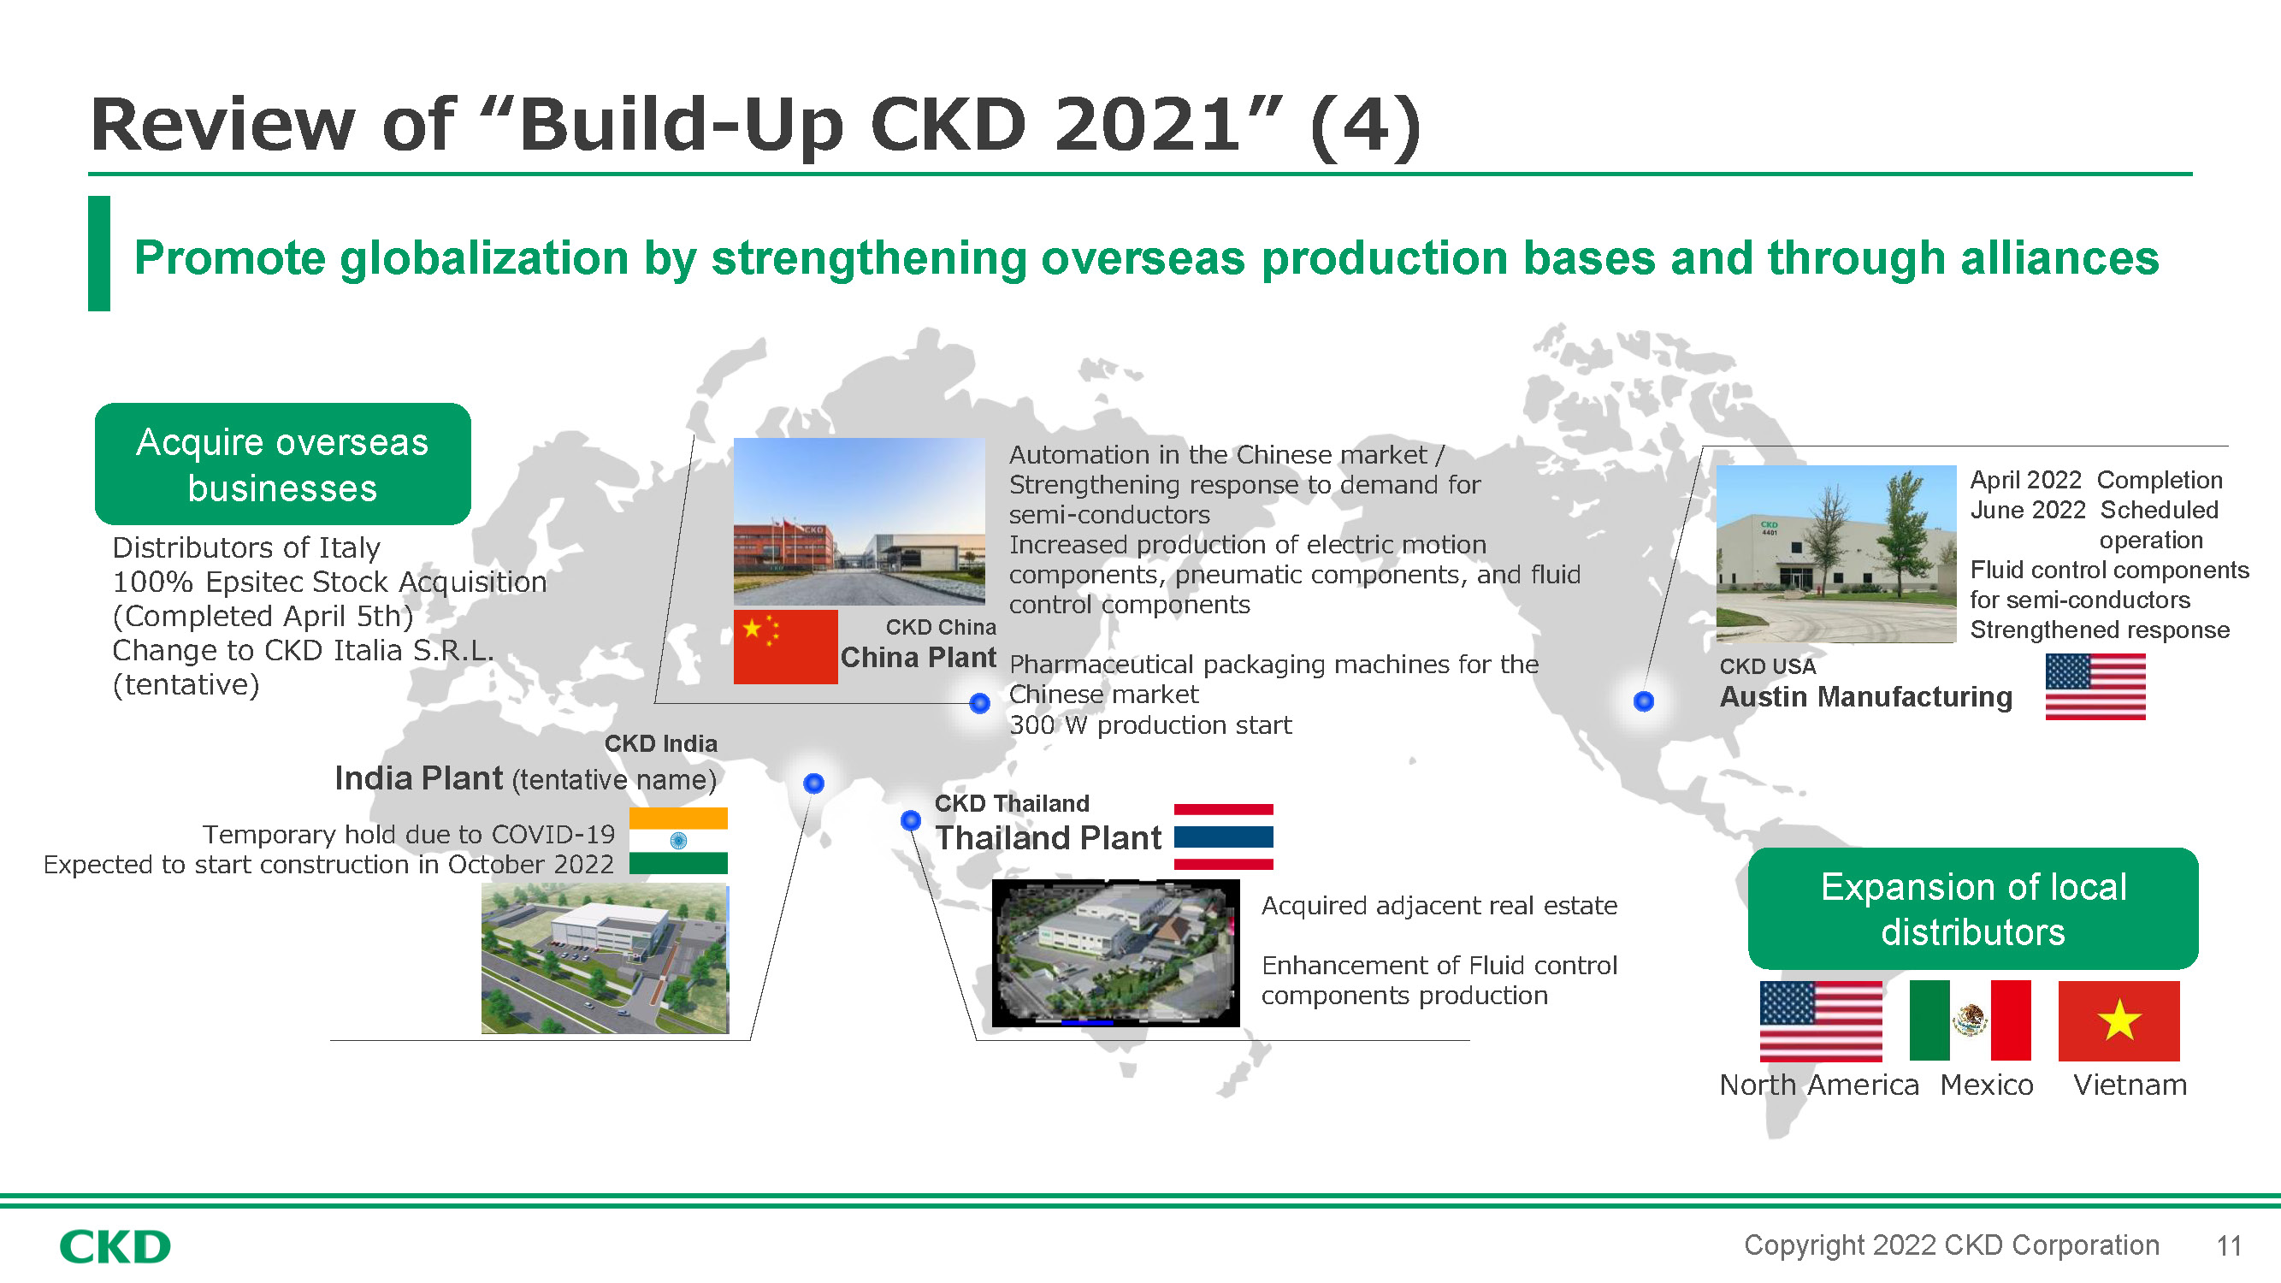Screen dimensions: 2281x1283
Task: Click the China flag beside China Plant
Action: pyautogui.click(x=785, y=647)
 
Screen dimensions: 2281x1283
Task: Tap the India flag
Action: pyautogui.click(x=678, y=840)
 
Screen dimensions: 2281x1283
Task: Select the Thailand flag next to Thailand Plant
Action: pyautogui.click(x=1223, y=836)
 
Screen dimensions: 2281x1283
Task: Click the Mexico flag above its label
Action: pyautogui.click(x=1970, y=1020)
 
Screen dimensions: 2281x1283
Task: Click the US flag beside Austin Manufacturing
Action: pyautogui.click(x=2095, y=686)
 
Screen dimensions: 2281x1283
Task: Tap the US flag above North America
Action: pyautogui.click(x=1821, y=1021)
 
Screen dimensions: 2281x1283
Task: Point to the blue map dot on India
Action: pyautogui.click(x=813, y=783)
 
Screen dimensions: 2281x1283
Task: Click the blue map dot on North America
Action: pyautogui.click(x=1644, y=701)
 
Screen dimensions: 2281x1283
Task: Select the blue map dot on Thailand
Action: pyautogui.click(x=910, y=820)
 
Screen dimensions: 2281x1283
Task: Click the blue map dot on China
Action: pyautogui.click(x=979, y=703)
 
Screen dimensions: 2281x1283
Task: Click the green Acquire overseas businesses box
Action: pyautogui.click(x=282, y=464)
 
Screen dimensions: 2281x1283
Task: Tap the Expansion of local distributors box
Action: pyautogui.click(x=1973, y=908)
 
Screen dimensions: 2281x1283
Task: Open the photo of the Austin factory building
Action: pyautogui.click(x=1835, y=553)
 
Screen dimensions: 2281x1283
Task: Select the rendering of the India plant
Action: pyautogui.click(x=605, y=958)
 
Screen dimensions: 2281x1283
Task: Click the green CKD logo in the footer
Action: pyautogui.click(x=115, y=1247)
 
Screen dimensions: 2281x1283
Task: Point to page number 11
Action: pyautogui.click(x=2229, y=1246)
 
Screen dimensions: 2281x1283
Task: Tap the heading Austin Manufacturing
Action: pyautogui.click(x=1865, y=697)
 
